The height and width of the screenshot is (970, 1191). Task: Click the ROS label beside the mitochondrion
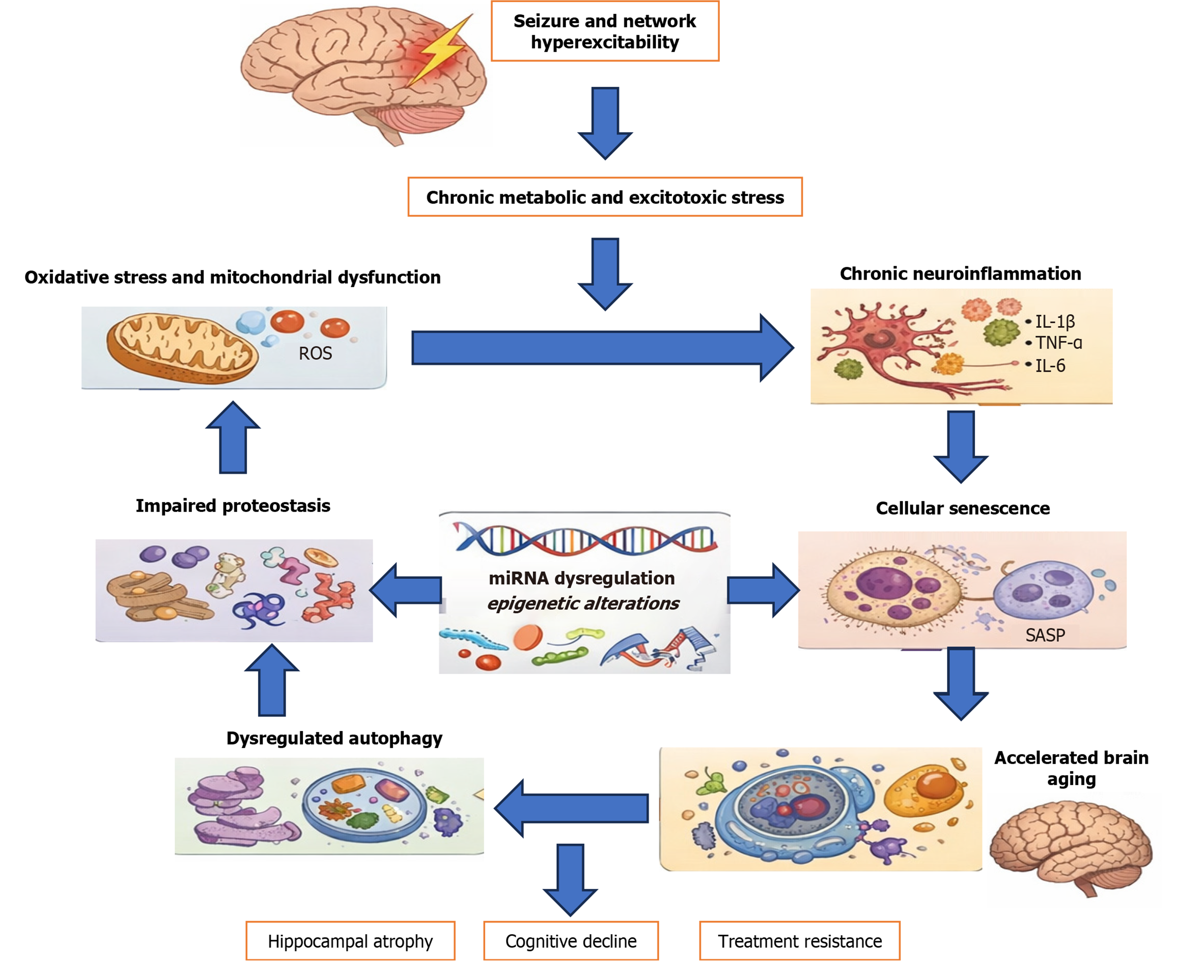click(x=315, y=353)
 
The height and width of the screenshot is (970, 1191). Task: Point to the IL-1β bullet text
click(x=1054, y=321)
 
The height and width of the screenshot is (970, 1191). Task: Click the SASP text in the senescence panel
click(x=1045, y=635)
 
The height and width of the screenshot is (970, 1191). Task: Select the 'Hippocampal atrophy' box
click(x=350, y=941)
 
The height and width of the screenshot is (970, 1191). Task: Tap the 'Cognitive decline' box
click(x=570, y=941)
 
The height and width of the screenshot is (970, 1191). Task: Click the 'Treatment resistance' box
click(x=799, y=941)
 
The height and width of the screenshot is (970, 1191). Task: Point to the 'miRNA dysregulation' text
click(x=582, y=578)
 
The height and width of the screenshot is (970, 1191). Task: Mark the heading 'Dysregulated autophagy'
click(x=334, y=738)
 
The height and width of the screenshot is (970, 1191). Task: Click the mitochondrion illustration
click(x=181, y=348)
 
